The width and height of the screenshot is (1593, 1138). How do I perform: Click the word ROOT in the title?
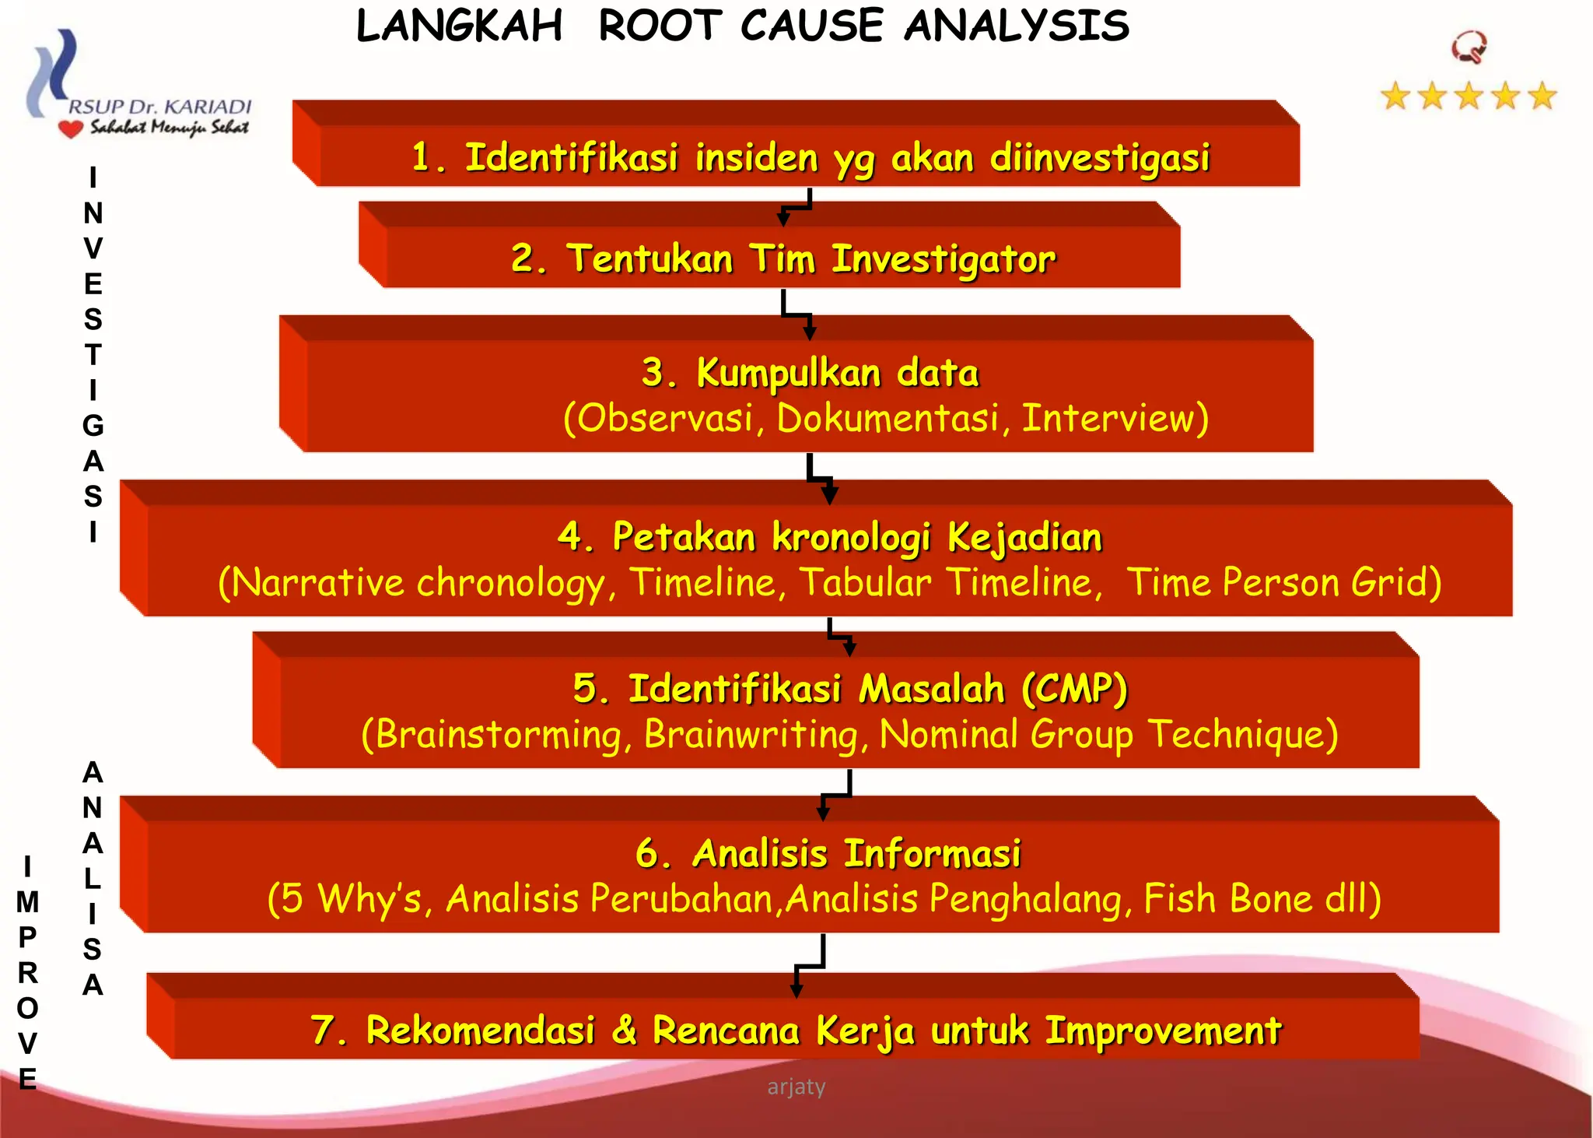click(660, 26)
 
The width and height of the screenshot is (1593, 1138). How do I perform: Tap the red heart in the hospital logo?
click(71, 128)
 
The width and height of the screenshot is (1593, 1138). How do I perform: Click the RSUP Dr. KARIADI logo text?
click(160, 107)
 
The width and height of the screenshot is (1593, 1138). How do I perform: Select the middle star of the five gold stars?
click(1469, 97)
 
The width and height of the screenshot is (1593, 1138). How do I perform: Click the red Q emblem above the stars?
click(1469, 47)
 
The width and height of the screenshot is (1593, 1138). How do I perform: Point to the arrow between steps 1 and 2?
click(795, 208)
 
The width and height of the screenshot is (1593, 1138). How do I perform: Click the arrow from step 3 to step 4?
click(820, 476)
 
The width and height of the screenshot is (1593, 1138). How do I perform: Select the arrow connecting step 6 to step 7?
click(810, 966)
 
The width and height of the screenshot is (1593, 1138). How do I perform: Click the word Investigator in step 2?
click(944, 259)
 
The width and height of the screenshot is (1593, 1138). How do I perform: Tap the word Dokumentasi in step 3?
click(888, 419)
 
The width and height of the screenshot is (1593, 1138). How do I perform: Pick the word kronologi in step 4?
click(851, 538)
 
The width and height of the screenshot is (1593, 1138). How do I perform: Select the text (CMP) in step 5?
click(1075, 689)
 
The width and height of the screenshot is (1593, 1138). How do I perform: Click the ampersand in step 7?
click(624, 1031)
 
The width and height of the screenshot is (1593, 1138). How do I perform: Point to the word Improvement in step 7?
click(1163, 1031)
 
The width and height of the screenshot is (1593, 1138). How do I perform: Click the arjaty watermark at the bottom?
click(796, 1087)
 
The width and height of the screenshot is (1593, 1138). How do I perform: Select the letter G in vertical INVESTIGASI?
click(93, 426)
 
